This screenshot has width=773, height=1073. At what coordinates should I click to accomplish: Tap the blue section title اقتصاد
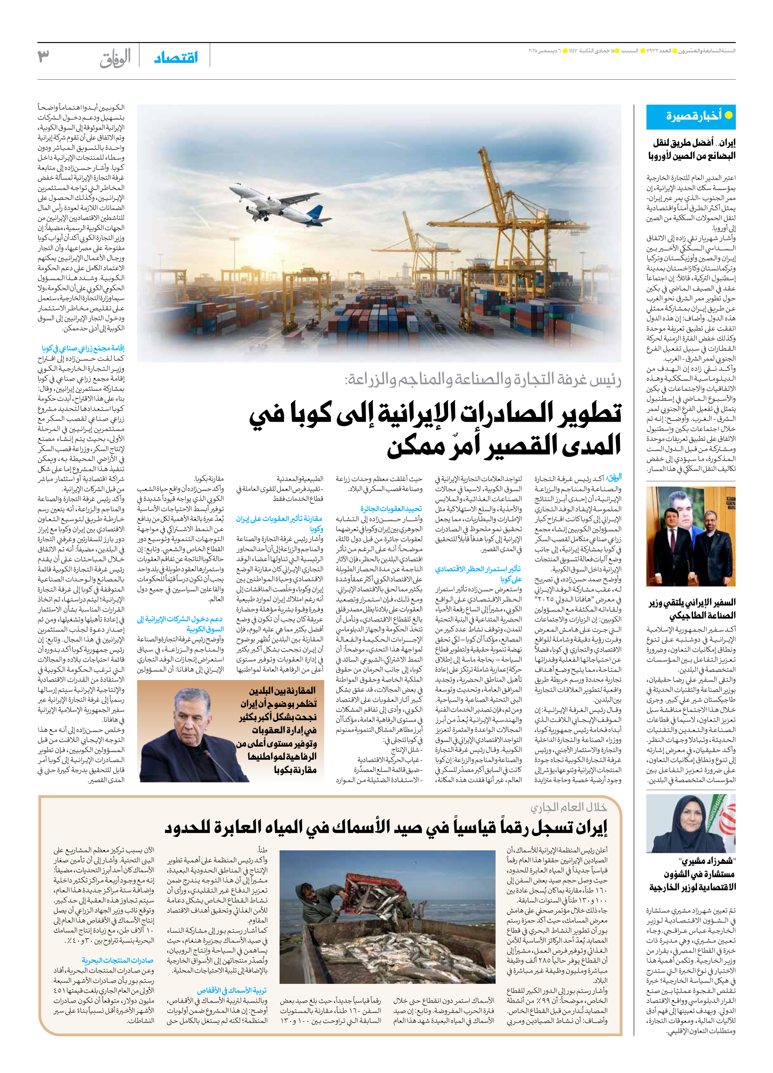(x=176, y=58)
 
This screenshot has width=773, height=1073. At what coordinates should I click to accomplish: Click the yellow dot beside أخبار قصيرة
(x=728, y=115)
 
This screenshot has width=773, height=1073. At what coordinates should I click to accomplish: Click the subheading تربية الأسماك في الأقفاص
(x=232, y=990)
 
